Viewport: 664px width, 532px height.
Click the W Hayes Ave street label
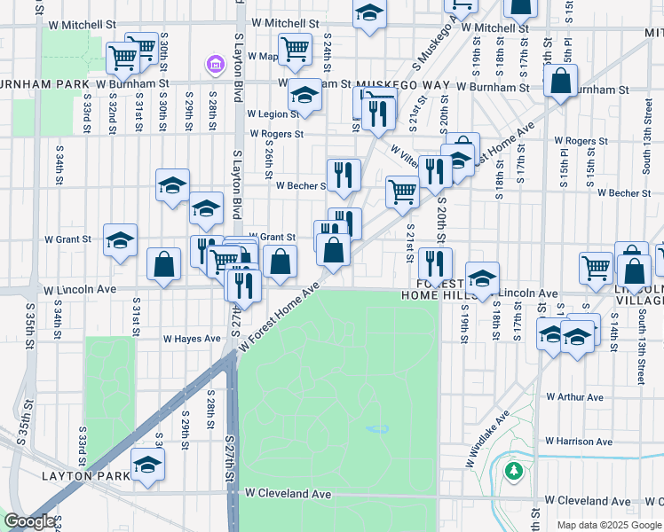pos(191,339)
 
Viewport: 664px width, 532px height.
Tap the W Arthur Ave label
pos(574,397)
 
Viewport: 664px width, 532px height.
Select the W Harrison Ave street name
pos(578,441)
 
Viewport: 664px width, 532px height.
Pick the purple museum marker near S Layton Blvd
pos(214,64)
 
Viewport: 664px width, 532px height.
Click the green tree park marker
pos(513,469)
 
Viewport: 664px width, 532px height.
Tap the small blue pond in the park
pos(377,430)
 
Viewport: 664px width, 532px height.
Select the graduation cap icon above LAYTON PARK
pos(147,464)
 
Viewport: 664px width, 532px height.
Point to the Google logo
pos(29,521)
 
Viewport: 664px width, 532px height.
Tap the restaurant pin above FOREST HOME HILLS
pos(435,263)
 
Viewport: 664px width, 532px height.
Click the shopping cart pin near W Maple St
pos(295,49)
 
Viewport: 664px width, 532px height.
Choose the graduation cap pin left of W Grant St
pos(120,239)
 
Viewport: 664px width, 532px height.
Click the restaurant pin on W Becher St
pos(343,174)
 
